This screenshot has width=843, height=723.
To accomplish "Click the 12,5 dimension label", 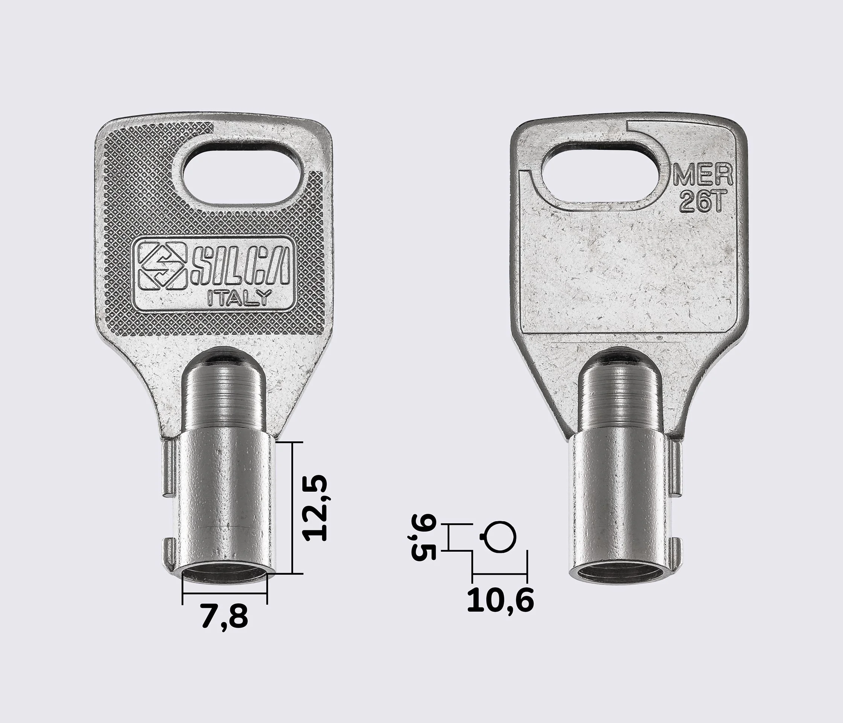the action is click(315, 508).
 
